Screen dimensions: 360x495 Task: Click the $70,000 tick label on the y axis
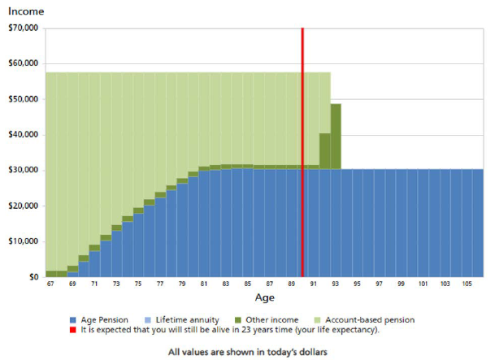(23, 28)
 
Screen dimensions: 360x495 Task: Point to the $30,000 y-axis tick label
(23, 170)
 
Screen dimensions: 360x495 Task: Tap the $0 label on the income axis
(33, 277)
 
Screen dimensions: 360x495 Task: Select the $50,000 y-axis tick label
(23, 99)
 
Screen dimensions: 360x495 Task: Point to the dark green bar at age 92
(324, 150)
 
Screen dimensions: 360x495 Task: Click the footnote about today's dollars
(246, 352)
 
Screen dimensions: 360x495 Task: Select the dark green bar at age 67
(50, 274)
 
